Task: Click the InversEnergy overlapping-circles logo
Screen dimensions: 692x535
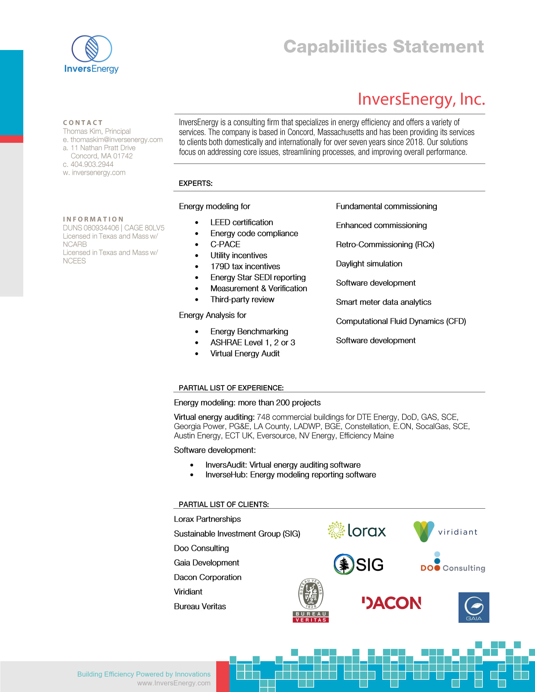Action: click(92, 49)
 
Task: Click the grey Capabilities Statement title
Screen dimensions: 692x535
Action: click(383, 47)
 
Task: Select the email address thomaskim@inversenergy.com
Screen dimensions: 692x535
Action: click(116, 140)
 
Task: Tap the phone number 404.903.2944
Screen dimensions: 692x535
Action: click(92, 164)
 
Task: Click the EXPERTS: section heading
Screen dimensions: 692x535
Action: click(195, 183)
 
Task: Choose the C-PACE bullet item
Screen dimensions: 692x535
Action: click(225, 244)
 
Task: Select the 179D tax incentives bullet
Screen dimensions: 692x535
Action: click(245, 266)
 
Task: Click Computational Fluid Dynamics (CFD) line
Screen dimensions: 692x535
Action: click(401, 321)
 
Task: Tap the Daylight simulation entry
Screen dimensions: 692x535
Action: click(369, 264)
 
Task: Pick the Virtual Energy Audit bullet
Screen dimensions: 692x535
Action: click(245, 354)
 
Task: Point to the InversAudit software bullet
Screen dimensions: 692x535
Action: click(283, 465)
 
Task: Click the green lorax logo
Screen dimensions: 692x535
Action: click(357, 530)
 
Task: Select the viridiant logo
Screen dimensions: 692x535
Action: click(445, 531)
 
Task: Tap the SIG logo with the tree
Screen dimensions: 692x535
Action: click(358, 564)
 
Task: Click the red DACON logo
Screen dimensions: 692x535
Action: click(391, 603)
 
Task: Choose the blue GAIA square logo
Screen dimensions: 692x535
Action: click(474, 607)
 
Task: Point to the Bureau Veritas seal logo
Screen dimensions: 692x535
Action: click(311, 600)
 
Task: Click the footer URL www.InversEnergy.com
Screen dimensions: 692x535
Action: click(174, 683)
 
